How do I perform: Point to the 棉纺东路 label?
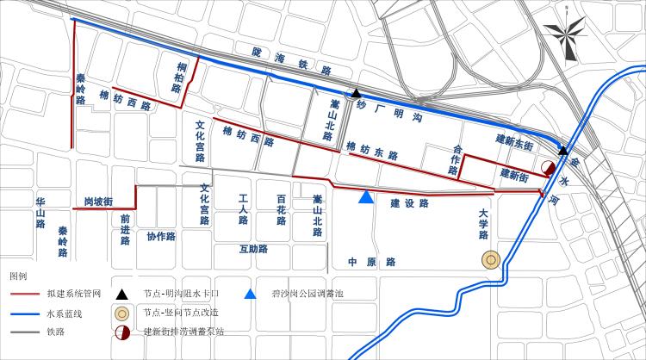372,151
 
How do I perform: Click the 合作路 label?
456,160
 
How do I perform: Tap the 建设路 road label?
409,204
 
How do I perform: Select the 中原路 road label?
371,262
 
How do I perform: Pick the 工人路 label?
244,209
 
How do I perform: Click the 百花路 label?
281,209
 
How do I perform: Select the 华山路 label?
40,212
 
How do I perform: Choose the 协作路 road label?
161,236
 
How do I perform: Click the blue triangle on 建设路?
366,197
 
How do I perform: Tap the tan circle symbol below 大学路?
491,259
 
